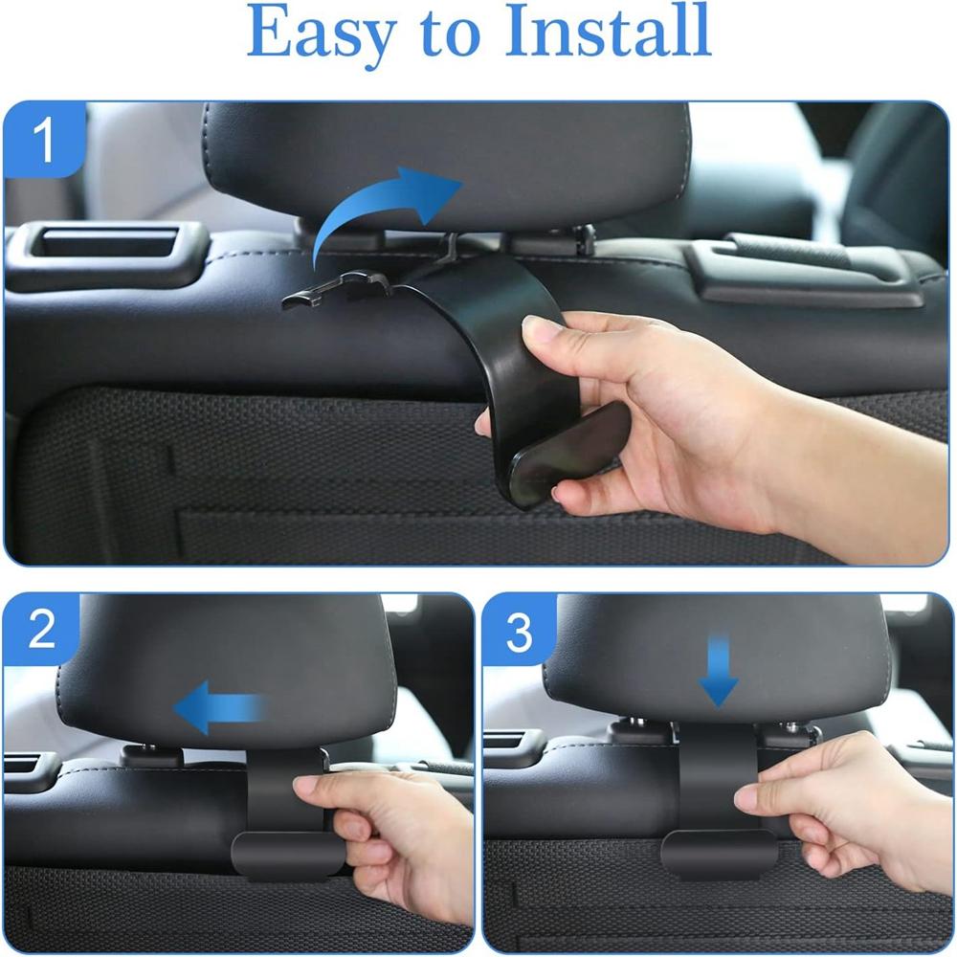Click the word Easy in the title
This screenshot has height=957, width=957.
click(x=317, y=33)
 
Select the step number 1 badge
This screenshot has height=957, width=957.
click(x=44, y=141)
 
